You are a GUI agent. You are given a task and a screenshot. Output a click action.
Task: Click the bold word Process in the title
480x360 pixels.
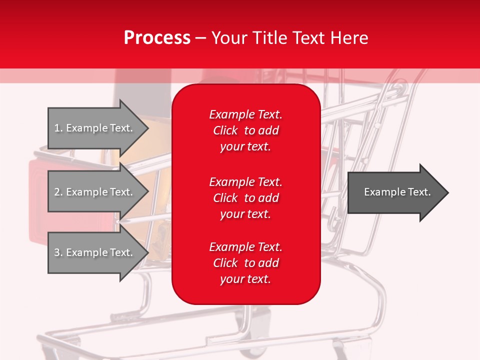pyautogui.click(x=157, y=38)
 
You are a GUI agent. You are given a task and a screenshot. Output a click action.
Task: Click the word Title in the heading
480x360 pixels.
pyautogui.click(x=268, y=38)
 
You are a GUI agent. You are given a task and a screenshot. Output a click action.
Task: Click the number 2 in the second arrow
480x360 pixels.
pyautogui.click(x=56, y=192)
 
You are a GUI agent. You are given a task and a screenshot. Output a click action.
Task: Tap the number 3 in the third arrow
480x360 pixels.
pyautogui.click(x=56, y=252)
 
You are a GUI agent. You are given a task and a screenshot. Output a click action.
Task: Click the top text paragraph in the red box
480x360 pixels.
pyautogui.click(x=245, y=130)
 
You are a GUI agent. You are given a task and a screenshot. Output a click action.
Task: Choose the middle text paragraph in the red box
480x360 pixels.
pyautogui.click(x=245, y=198)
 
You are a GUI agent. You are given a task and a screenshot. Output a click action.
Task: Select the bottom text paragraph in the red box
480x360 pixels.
pyautogui.click(x=245, y=263)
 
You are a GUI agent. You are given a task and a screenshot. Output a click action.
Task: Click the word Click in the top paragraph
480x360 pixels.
pyautogui.click(x=225, y=130)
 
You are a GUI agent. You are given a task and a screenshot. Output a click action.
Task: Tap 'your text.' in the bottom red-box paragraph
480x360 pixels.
pyautogui.click(x=245, y=279)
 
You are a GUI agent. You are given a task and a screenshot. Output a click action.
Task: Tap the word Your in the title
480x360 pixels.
pyautogui.click(x=228, y=38)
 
